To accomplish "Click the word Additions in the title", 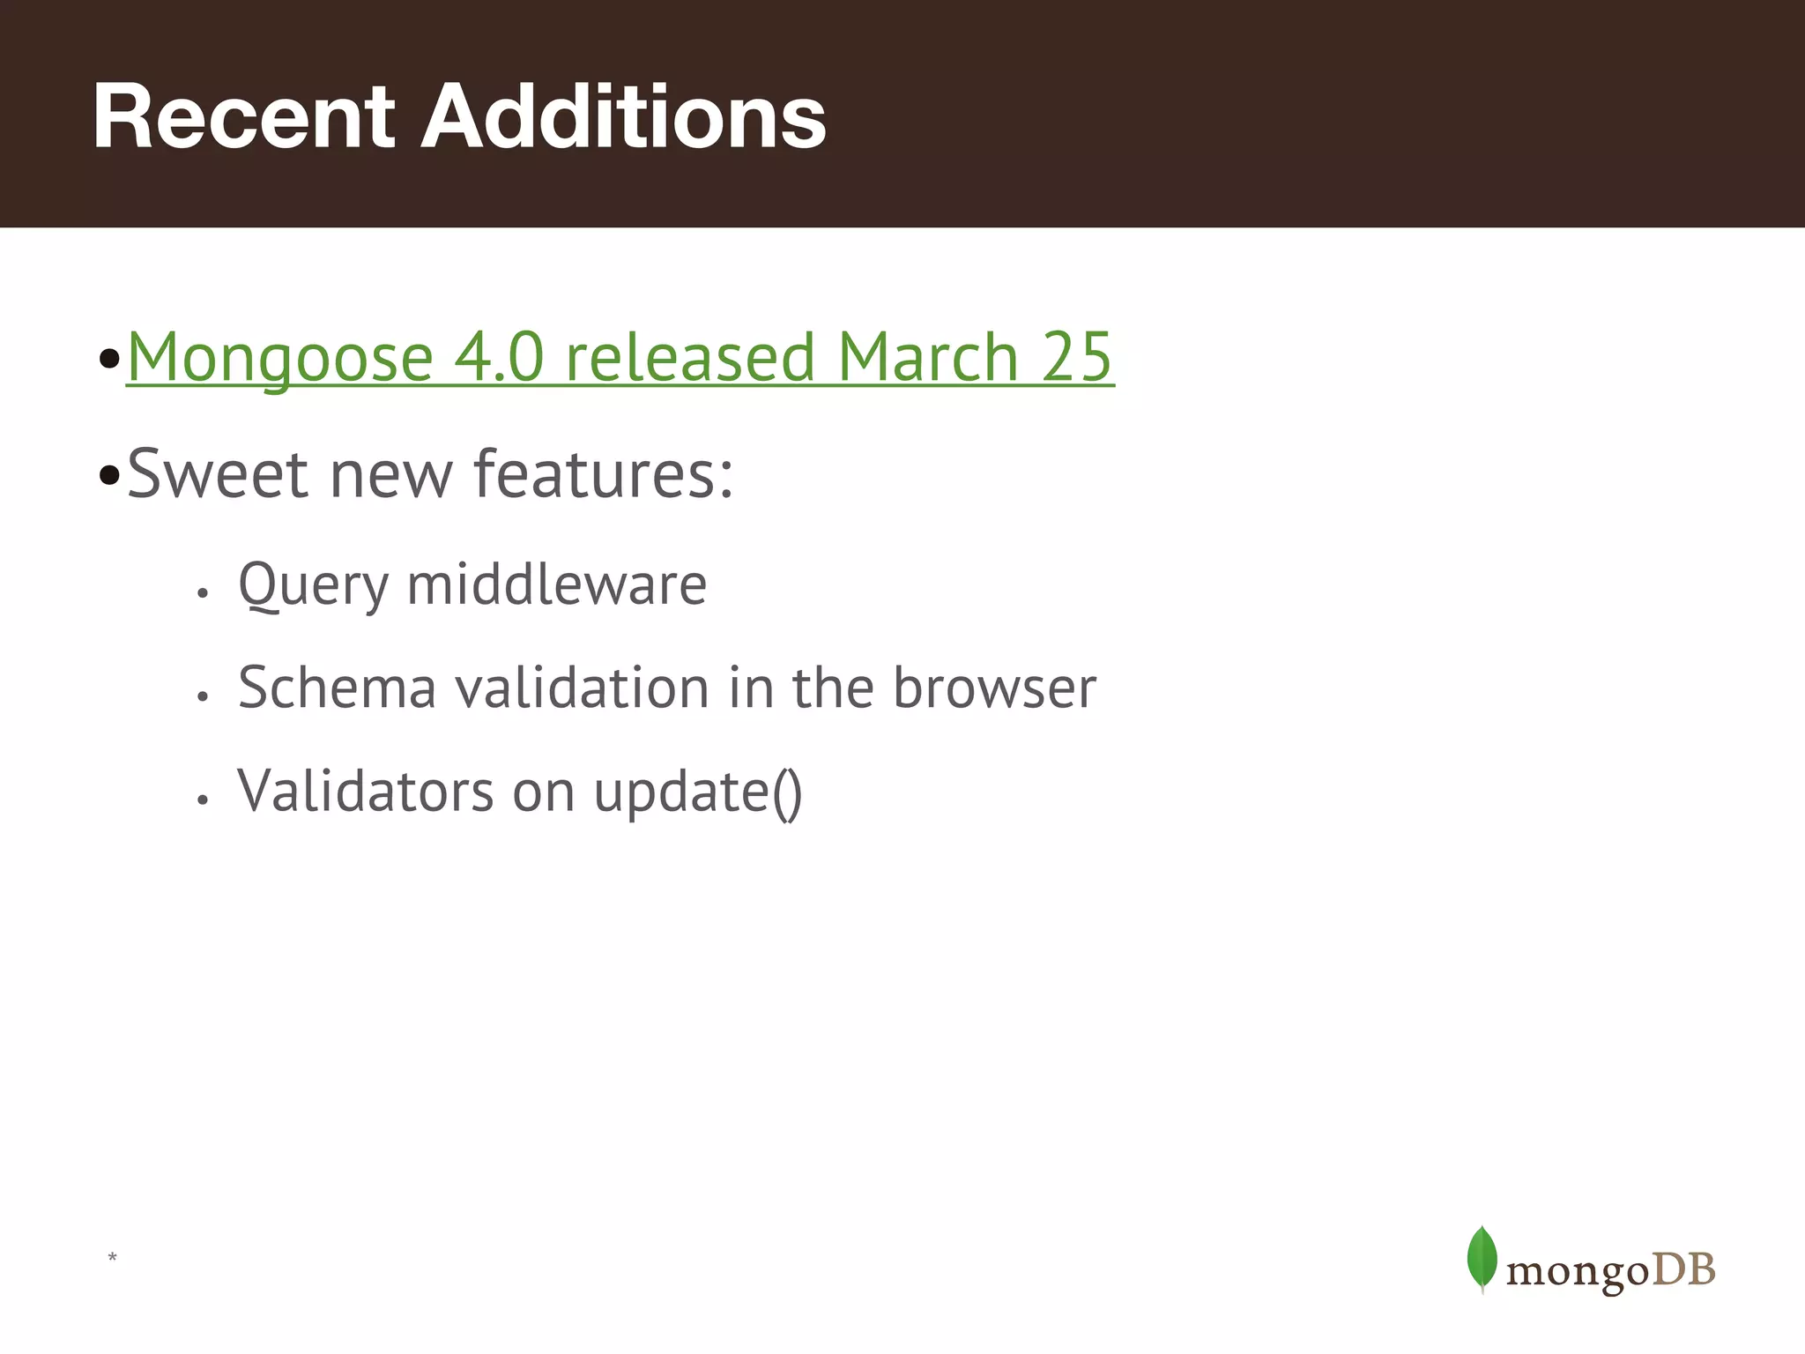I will click(x=623, y=116).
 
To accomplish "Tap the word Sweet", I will click(x=218, y=473).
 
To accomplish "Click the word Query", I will click(x=313, y=585).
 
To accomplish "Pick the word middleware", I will click(x=557, y=584).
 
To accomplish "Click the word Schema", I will click(x=337, y=688).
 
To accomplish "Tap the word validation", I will click(x=582, y=688).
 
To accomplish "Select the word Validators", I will click(x=366, y=791).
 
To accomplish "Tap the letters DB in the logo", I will click(x=1682, y=1270).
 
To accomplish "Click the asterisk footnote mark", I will click(x=112, y=1257).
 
